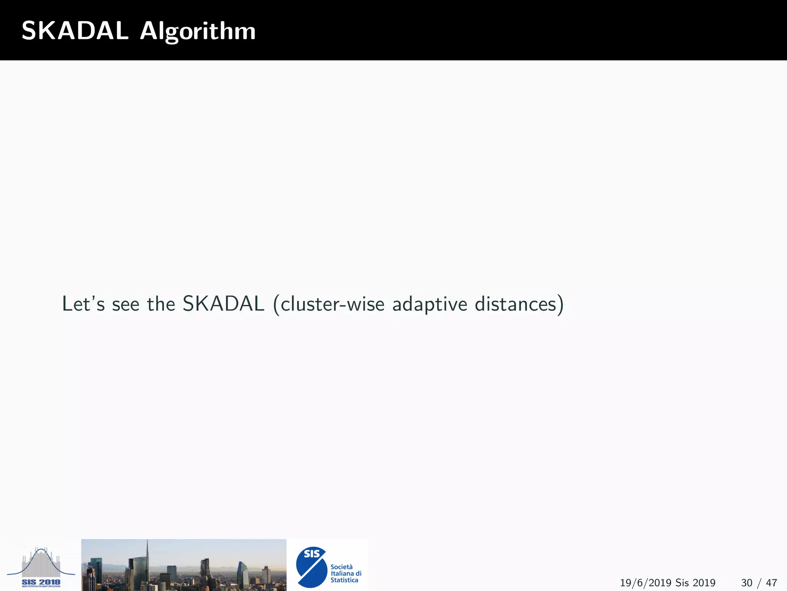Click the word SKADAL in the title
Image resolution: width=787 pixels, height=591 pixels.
pyautogui.click(x=75, y=31)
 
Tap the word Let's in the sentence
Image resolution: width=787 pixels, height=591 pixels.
pyautogui.click(x=83, y=304)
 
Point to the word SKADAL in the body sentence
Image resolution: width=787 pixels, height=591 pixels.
pyautogui.click(x=223, y=304)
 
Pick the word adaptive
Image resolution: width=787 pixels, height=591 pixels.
pyautogui.click(x=430, y=304)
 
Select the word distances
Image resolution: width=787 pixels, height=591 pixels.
pyautogui.click(x=516, y=304)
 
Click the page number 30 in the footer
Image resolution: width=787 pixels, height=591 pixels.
pyautogui.click(x=747, y=583)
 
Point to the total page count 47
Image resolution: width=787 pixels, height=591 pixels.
pyautogui.click(x=771, y=583)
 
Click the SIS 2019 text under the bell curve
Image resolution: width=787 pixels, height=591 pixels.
pyautogui.click(x=41, y=583)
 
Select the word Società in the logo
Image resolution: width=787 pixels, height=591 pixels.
pyautogui.click(x=341, y=567)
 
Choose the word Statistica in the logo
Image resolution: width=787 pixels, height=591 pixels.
pyautogui.click(x=344, y=580)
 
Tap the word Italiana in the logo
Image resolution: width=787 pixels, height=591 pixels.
pyautogui.click(x=342, y=573)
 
